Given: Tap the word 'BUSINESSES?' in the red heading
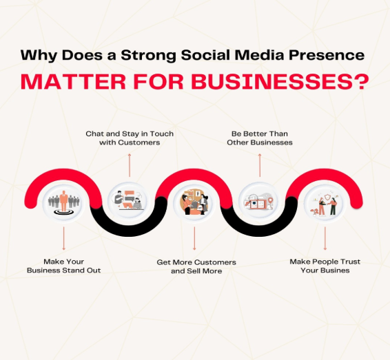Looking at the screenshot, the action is coord(280,81).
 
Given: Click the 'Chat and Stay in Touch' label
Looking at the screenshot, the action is coord(130,134).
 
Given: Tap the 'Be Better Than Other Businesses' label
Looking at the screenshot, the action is coord(260,138).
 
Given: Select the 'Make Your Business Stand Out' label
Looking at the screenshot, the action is coord(63,266).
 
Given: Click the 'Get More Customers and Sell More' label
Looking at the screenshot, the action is coord(196,266).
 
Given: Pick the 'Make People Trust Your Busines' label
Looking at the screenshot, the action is coord(325,266).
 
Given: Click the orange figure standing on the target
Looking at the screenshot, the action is coord(63,201).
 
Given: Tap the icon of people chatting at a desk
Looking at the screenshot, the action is coord(129,200).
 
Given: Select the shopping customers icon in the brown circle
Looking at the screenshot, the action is coord(195,202).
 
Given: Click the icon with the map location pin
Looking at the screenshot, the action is coord(260,201).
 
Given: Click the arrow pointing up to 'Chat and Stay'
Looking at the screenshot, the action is coord(130,165).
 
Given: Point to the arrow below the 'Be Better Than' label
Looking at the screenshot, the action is coord(260,165).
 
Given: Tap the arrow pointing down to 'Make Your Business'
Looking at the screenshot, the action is coord(63,238).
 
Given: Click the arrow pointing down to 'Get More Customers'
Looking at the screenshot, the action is coord(194,238).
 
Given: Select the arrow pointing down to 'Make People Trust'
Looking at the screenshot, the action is coord(325,238).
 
